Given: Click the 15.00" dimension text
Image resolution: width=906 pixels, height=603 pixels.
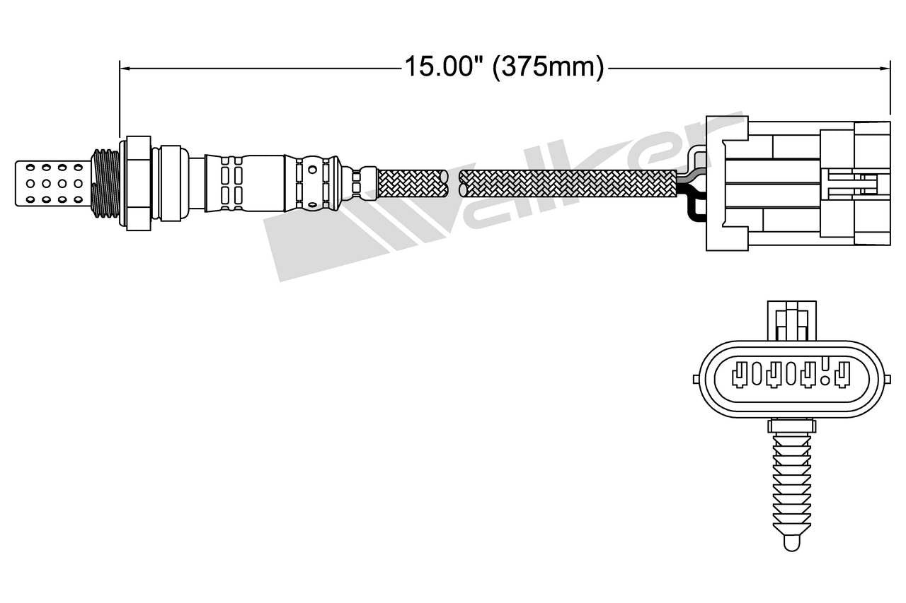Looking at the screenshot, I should [x=439, y=67].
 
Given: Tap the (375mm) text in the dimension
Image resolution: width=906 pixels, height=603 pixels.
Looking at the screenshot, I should [x=549, y=67].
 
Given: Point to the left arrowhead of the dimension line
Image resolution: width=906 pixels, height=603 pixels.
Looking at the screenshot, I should [x=125, y=68].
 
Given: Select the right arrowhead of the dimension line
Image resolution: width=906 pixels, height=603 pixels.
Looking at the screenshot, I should [x=884, y=68].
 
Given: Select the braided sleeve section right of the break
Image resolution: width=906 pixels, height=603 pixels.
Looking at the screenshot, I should [x=566, y=183].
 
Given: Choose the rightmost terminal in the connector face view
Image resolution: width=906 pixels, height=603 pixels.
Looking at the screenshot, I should [x=842, y=374].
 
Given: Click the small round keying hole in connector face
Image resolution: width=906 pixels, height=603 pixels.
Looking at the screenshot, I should [x=825, y=364].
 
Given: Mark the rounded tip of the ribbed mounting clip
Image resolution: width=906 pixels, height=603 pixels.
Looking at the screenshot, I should [x=791, y=542].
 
